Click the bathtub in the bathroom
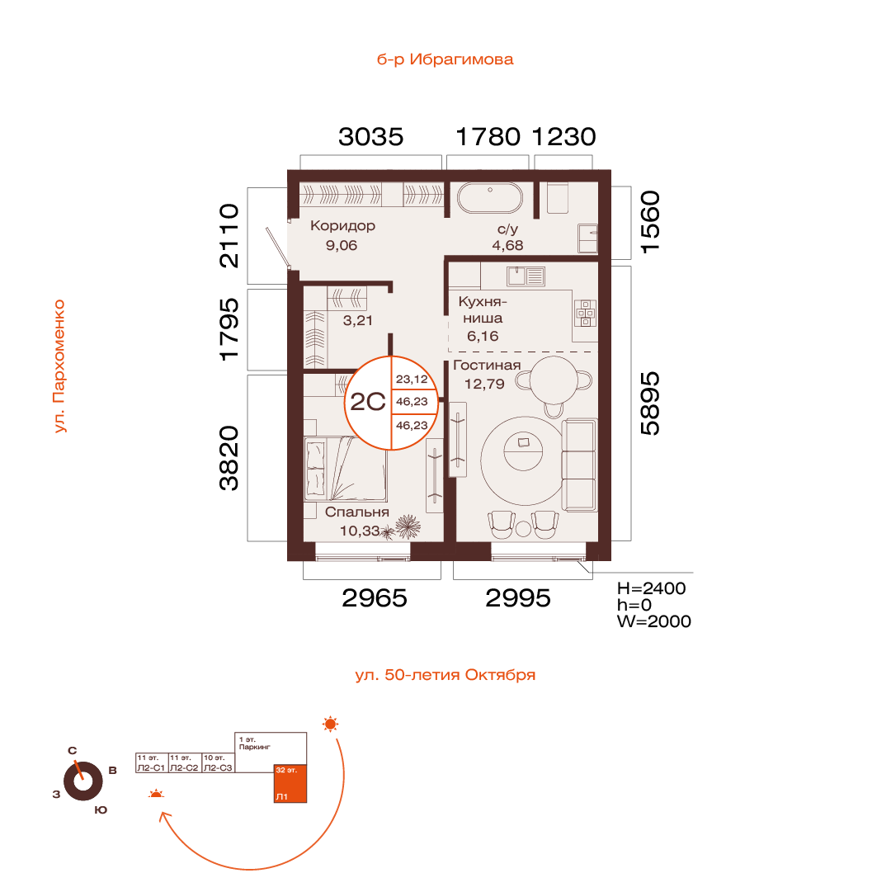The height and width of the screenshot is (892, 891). pos(489,198)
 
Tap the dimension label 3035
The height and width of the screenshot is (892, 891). pos(370,136)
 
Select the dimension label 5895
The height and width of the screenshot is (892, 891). pos(650,404)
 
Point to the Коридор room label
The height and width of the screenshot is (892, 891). pos(342,226)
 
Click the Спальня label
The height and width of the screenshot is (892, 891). pos(356,512)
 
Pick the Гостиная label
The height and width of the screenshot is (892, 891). pos(487,366)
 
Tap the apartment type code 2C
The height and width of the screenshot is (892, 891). pos(368,402)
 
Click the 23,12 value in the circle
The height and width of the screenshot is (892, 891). pos(412,379)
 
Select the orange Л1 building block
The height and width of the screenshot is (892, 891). pos(290,783)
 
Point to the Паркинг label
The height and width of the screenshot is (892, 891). pos(254,747)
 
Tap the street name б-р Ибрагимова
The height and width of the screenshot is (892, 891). pos(445,59)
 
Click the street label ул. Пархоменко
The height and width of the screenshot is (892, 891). pos(59,366)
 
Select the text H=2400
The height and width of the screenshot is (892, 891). pos(651,588)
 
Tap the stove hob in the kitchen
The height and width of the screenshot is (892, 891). pos(586,314)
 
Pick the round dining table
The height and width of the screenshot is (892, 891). pos(554,380)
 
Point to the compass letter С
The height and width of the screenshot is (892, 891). pos(73,751)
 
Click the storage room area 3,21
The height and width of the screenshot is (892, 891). pos(358,321)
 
